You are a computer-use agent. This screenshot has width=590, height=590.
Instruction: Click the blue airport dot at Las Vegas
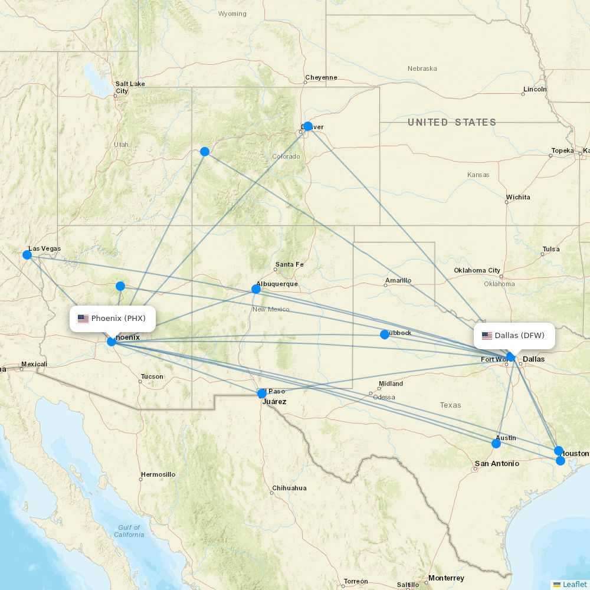(x=27, y=255)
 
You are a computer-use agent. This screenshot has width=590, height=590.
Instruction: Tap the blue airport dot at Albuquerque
(x=256, y=289)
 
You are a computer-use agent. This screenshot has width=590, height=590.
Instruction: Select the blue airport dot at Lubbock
(x=385, y=335)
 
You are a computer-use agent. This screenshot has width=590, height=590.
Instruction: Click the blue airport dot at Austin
(x=496, y=444)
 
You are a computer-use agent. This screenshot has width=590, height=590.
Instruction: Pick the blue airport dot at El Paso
(x=262, y=394)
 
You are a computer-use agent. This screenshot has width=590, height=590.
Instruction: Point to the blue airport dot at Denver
(x=307, y=126)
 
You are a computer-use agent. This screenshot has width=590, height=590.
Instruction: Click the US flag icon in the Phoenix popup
(x=83, y=319)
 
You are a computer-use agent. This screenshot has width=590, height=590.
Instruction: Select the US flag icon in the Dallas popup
(x=487, y=336)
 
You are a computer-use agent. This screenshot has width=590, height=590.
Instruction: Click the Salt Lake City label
(x=130, y=87)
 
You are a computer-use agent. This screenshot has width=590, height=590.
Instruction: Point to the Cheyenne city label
(x=322, y=77)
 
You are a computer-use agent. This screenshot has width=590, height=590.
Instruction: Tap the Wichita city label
(x=518, y=197)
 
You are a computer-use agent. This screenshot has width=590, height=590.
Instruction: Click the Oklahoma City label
(x=477, y=270)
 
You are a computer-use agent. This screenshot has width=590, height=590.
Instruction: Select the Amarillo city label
(x=398, y=280)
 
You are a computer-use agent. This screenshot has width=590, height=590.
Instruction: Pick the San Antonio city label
(x=497, y=464)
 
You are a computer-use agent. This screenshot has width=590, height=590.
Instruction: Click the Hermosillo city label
(x=158, y=474)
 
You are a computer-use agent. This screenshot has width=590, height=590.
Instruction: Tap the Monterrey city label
(x=446, y=578)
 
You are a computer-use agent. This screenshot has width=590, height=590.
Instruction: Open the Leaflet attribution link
(x=574, y=584)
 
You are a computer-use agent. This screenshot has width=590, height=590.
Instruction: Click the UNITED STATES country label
(x=451, y=122)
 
